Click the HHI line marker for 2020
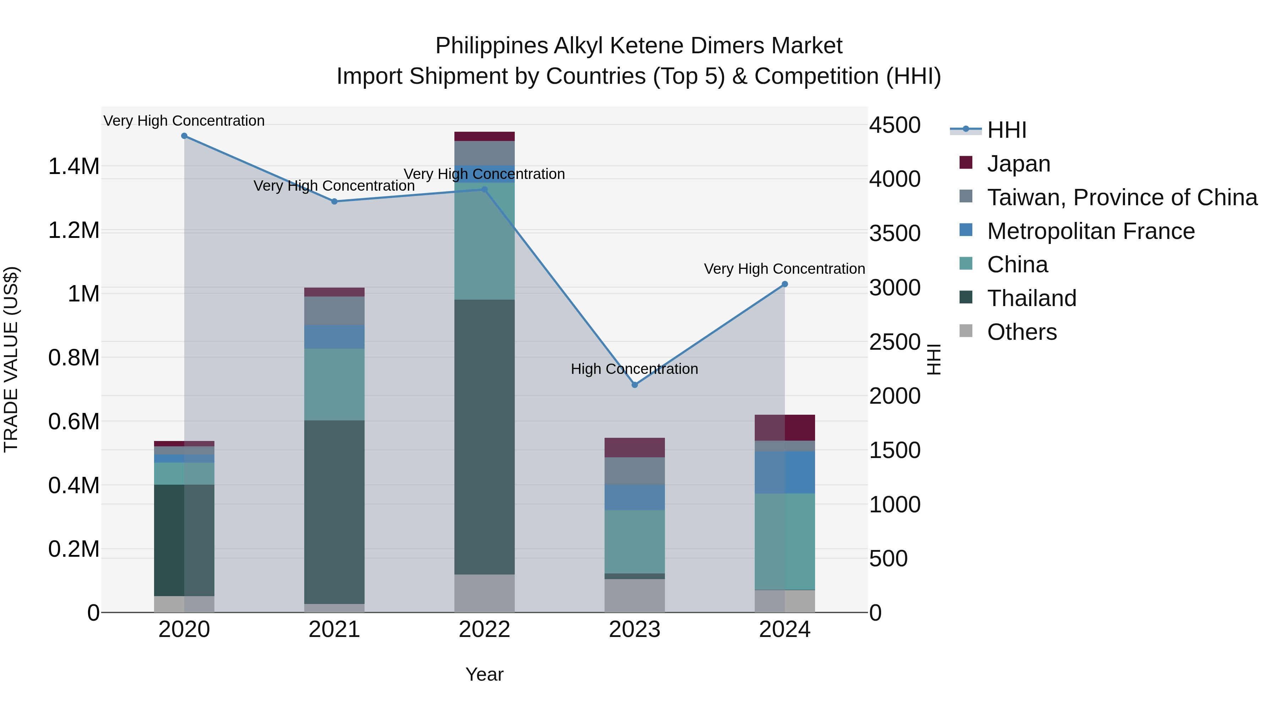(184, 136)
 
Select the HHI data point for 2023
(634, 385)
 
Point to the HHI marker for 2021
(334, 201)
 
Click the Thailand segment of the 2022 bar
(484, 437)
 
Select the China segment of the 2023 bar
(634, 541)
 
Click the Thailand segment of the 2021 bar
(334, 512)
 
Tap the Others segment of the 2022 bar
(484, 593)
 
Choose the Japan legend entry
(1018, 164)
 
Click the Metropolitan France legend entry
(1091, 231)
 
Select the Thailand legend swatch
(966, 298)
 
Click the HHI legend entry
(1006, 130)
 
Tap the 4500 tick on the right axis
(895, 125)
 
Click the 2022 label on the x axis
(484, 630)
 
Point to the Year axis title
(484, 674)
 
